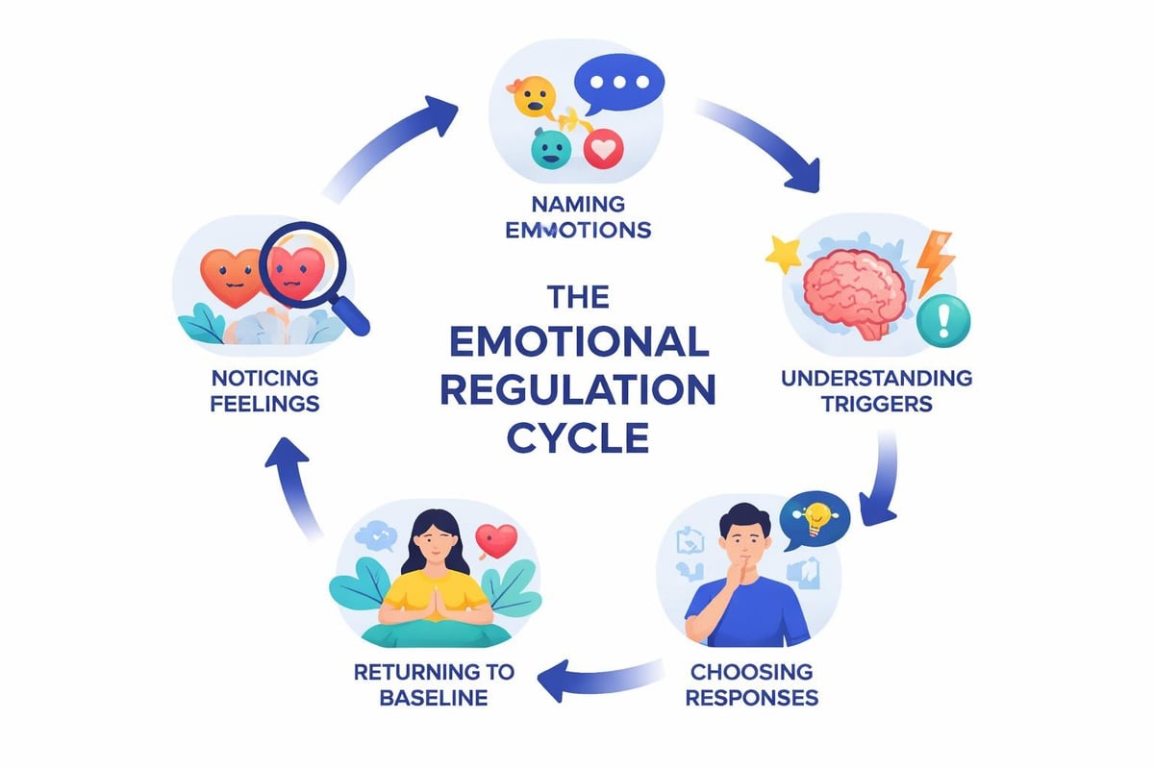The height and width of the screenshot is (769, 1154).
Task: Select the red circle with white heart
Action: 604,149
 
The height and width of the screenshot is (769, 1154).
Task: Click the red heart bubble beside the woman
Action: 497,539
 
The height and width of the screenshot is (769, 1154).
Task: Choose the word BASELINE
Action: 419,696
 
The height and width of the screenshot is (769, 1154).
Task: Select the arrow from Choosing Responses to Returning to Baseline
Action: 596,678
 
